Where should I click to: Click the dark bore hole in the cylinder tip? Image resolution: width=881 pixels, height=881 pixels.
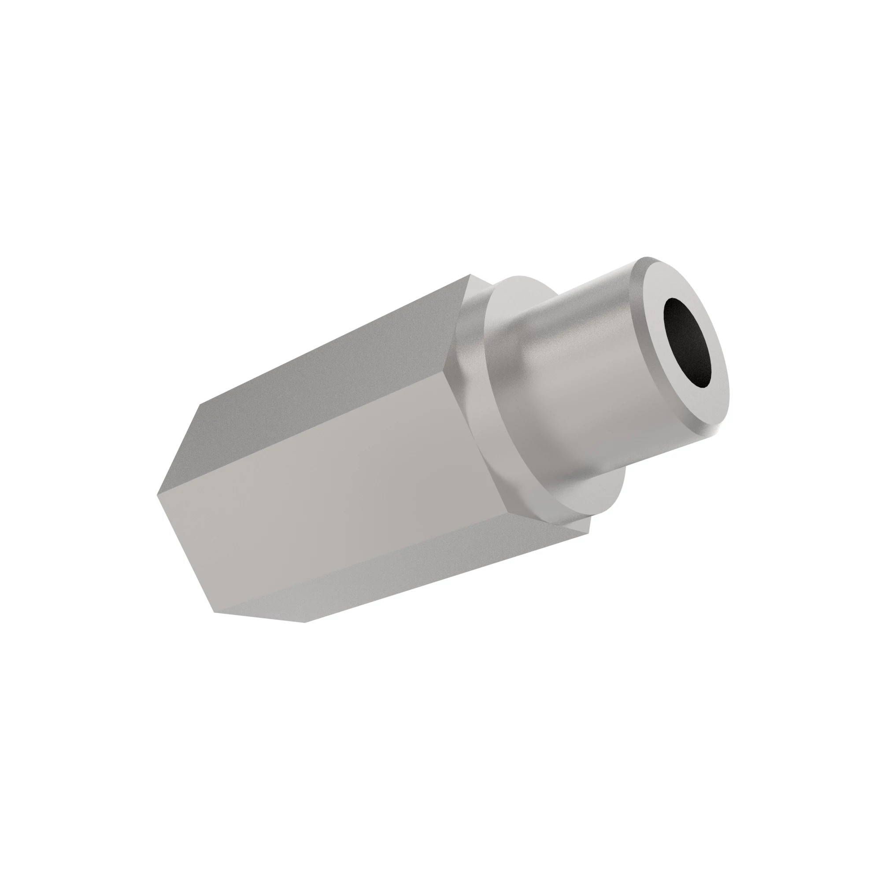(688, 343)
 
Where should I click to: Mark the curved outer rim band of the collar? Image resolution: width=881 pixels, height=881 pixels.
(474, 365)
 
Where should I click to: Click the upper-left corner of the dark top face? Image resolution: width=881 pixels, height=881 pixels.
(199, 405)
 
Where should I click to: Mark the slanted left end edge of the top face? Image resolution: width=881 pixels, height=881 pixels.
(178, 450)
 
